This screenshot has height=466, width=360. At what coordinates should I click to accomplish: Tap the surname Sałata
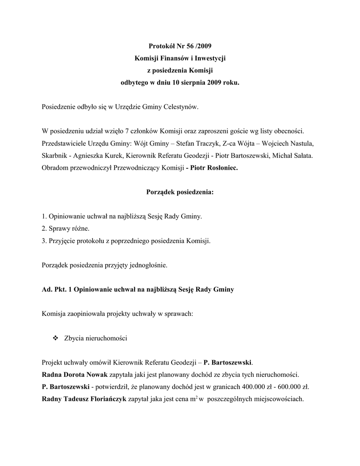point(302,156)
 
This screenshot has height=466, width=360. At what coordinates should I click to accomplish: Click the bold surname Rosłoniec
point(221,168)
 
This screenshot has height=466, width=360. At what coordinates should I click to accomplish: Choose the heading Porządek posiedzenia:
point(180,192)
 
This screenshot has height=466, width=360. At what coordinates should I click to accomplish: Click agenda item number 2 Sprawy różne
point(66,228)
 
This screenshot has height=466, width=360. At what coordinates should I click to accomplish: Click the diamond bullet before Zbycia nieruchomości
point(56,338)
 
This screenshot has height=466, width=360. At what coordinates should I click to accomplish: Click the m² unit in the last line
point(194,399)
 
